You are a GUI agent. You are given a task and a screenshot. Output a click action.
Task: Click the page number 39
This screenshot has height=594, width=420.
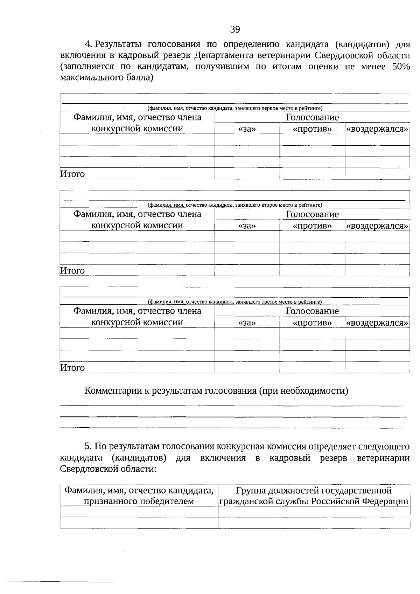point(235,29)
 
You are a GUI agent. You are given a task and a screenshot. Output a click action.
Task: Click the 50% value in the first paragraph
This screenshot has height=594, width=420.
point(401,67)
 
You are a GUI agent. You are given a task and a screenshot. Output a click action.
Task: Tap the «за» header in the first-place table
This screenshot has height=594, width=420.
point(247,129)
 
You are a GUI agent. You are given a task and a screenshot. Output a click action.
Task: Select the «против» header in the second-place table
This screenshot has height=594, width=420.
point(312,226)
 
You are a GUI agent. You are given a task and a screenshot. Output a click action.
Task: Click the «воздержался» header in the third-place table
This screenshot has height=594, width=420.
point(377,323)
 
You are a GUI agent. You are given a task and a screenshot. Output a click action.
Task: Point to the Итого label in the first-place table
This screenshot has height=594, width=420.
point(72,174)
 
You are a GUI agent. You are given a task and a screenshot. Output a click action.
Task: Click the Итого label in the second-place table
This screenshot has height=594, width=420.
point(72,271)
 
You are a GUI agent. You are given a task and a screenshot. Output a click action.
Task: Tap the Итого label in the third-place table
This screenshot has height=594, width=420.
point(72,368)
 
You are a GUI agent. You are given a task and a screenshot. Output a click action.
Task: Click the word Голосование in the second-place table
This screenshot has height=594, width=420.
point(312,214)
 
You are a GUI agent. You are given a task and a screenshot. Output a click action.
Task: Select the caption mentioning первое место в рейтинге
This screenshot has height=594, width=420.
point(234,108)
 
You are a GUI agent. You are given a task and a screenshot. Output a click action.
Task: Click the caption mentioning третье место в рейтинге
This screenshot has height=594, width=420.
point(234,302)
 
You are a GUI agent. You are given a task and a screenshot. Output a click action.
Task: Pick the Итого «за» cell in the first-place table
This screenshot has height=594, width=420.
point(247,174)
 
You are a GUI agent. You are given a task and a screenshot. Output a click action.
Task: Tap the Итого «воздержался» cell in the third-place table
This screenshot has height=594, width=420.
point(377,367)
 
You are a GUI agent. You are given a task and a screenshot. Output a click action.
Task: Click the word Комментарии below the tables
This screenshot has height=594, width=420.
point(113,391)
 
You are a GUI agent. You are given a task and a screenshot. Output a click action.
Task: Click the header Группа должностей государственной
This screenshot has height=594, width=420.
point(314,490)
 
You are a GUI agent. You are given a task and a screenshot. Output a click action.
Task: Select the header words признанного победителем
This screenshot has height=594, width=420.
point(139,501)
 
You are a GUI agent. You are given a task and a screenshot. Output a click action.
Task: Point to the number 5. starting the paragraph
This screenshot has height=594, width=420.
point(88,447)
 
